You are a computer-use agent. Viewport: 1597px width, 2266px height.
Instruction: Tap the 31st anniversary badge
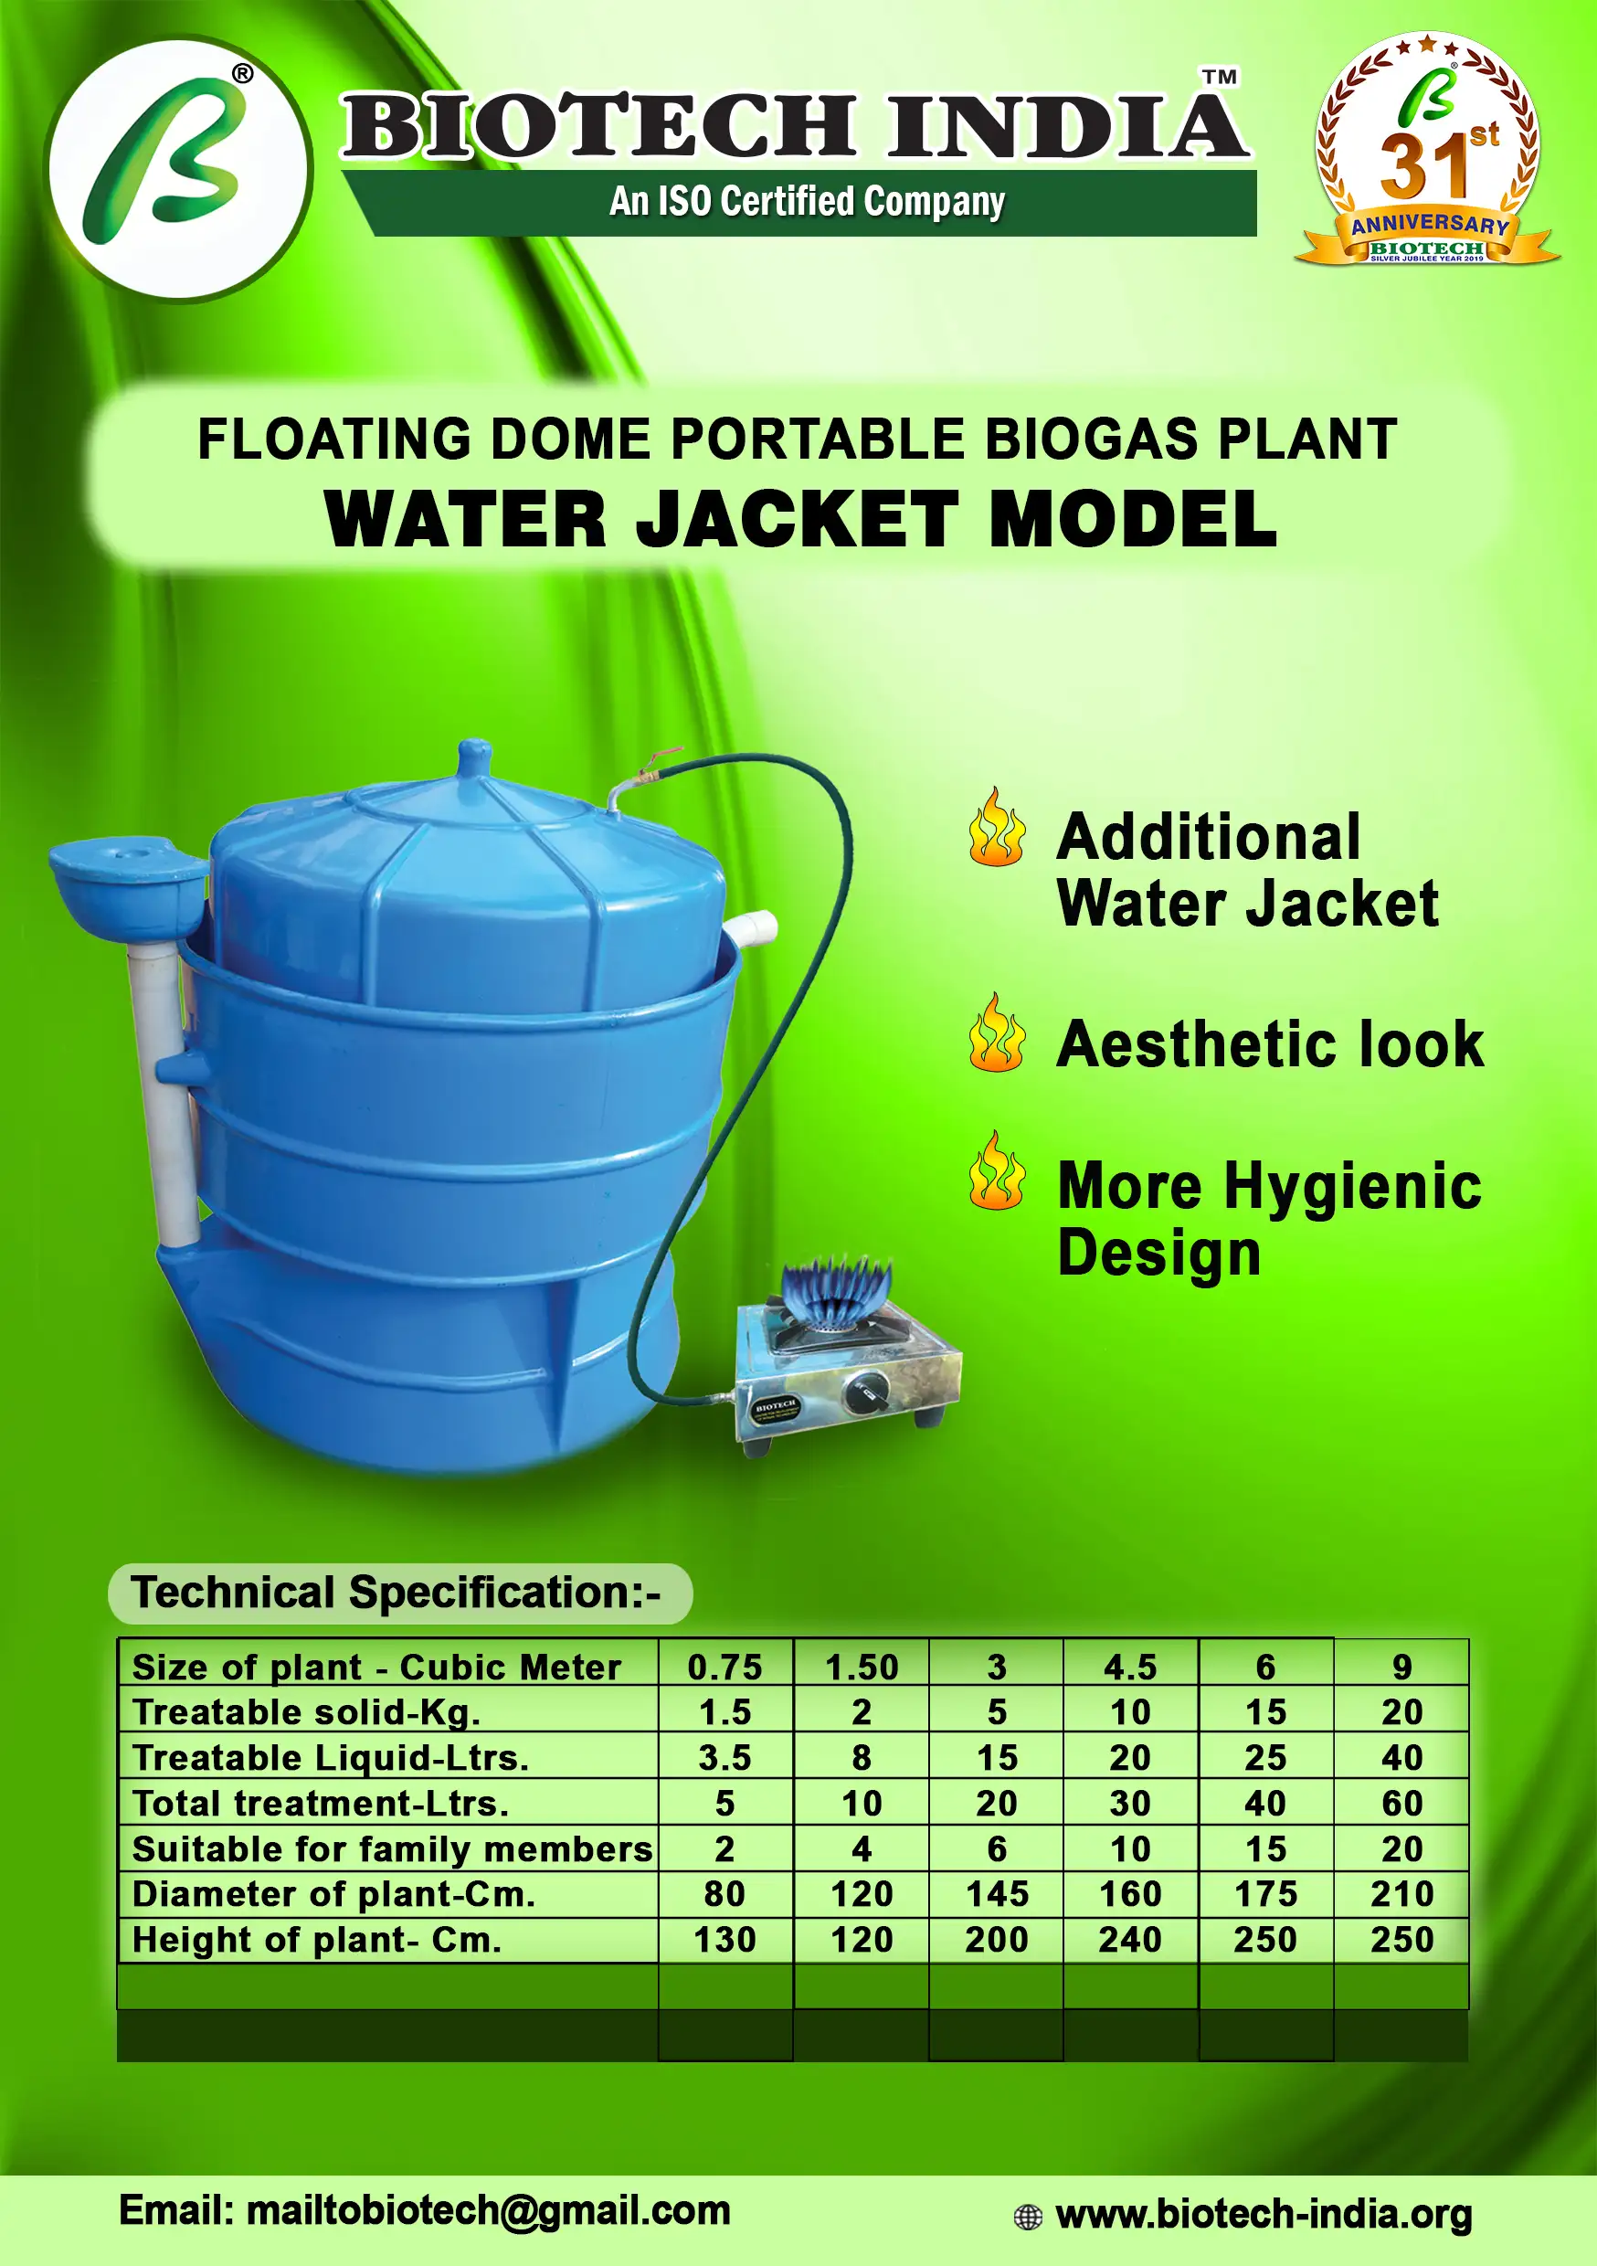(1427, 148)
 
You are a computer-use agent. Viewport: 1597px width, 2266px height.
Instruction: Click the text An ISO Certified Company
(807, 201)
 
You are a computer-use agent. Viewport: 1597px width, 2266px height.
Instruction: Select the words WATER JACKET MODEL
(800, 519)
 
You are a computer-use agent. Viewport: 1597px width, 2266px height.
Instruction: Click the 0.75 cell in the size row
(724, 1667)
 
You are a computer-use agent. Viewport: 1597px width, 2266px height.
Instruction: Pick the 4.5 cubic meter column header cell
(1130, 1667)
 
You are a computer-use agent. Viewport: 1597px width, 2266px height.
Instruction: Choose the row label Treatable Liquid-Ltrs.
(331, 1757)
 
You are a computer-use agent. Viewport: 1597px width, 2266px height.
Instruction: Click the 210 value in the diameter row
(1401, 1893)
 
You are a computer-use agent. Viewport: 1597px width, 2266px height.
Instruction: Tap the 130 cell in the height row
(724, 1939)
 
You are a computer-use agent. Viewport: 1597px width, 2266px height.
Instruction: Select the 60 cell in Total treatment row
(1401, 1802)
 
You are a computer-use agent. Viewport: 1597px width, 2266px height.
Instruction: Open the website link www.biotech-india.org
(1264, 2214)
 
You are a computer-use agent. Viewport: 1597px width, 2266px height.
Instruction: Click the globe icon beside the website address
(1028, 2217)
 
